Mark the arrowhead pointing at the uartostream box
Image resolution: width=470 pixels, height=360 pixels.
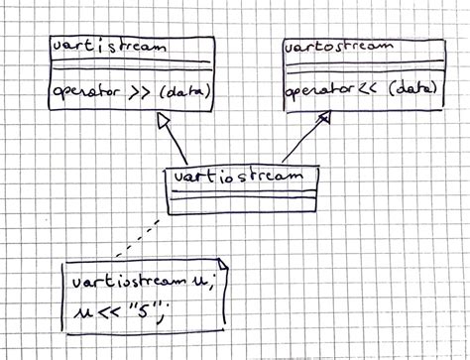(323, 117)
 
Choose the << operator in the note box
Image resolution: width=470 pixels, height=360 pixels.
(105, 310)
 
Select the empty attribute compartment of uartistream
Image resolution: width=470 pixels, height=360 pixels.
(129, 66)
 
